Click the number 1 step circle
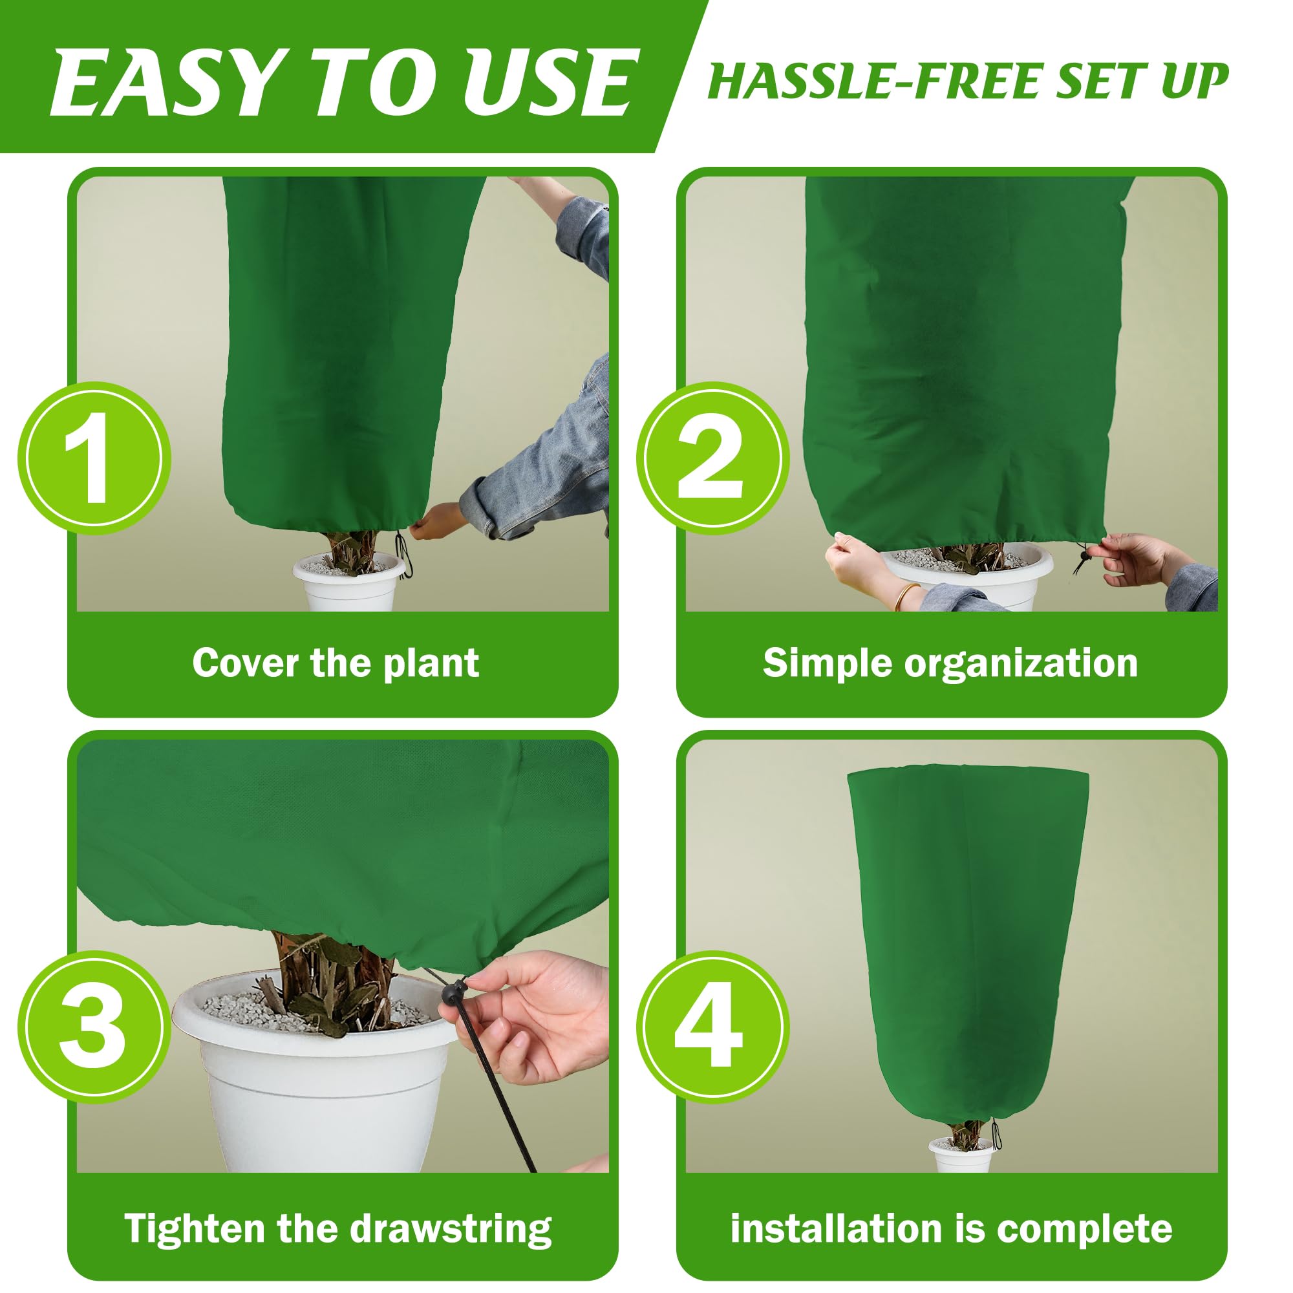tap(94, 458)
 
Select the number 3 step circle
tap(94, 1027)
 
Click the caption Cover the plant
tap(336, 664)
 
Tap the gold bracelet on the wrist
tap(907, 595)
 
